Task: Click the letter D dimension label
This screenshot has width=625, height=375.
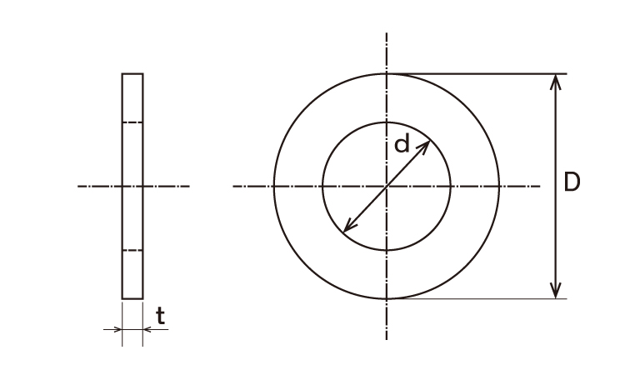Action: [x=572, y=182]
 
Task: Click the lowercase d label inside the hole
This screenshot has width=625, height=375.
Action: [x=402, y=143]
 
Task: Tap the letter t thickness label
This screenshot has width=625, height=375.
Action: [x=160, y=316]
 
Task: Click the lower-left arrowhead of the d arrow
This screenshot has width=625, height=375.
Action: [x=348, y=227]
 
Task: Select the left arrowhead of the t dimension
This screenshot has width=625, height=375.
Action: [x=117, y=329]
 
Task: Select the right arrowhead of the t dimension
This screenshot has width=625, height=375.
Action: [x=147, y=329]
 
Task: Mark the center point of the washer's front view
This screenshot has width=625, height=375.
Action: [x=387, y=186]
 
